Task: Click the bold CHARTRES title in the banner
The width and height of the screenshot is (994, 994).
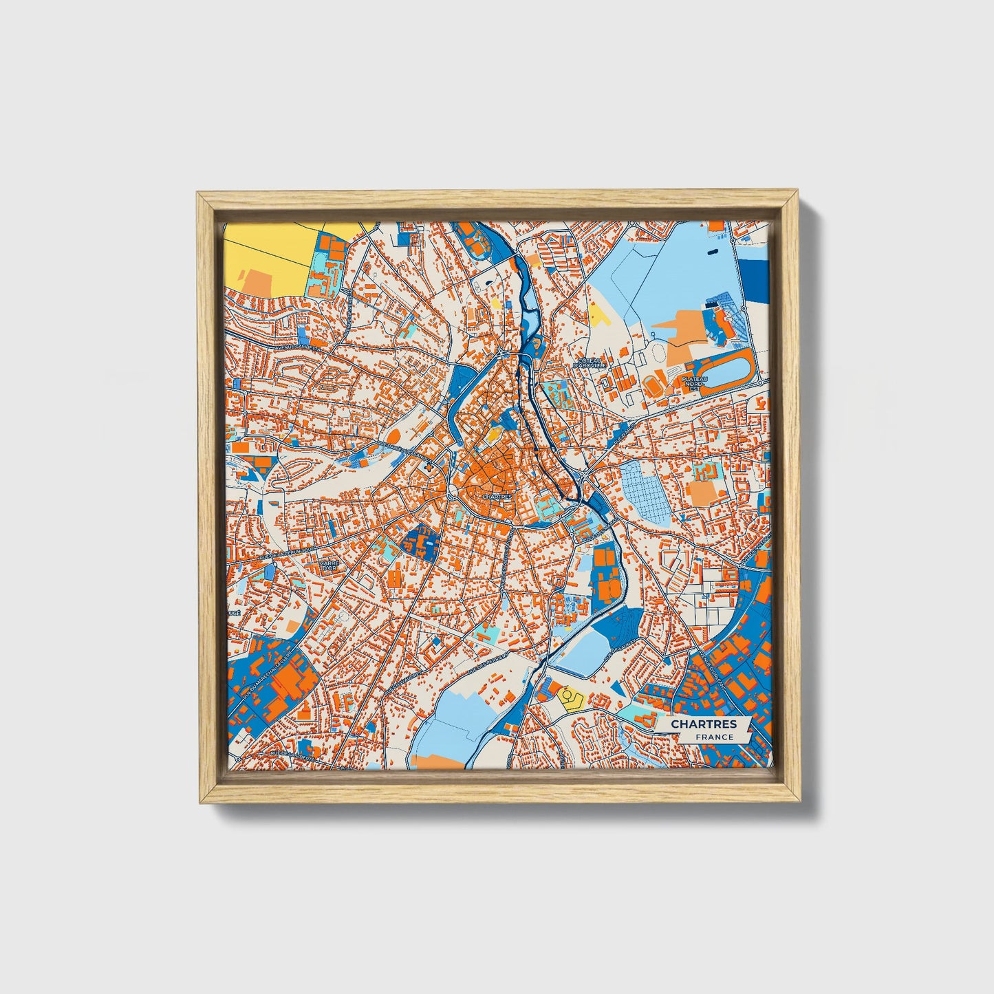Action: tap(703, 724)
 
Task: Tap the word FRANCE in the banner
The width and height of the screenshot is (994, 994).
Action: tap(713, 737)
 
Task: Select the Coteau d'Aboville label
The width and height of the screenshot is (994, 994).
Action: tap(592, 363)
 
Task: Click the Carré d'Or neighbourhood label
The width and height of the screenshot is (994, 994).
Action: tap(329, 566)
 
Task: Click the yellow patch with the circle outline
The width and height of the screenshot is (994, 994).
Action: tap(570, 698)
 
